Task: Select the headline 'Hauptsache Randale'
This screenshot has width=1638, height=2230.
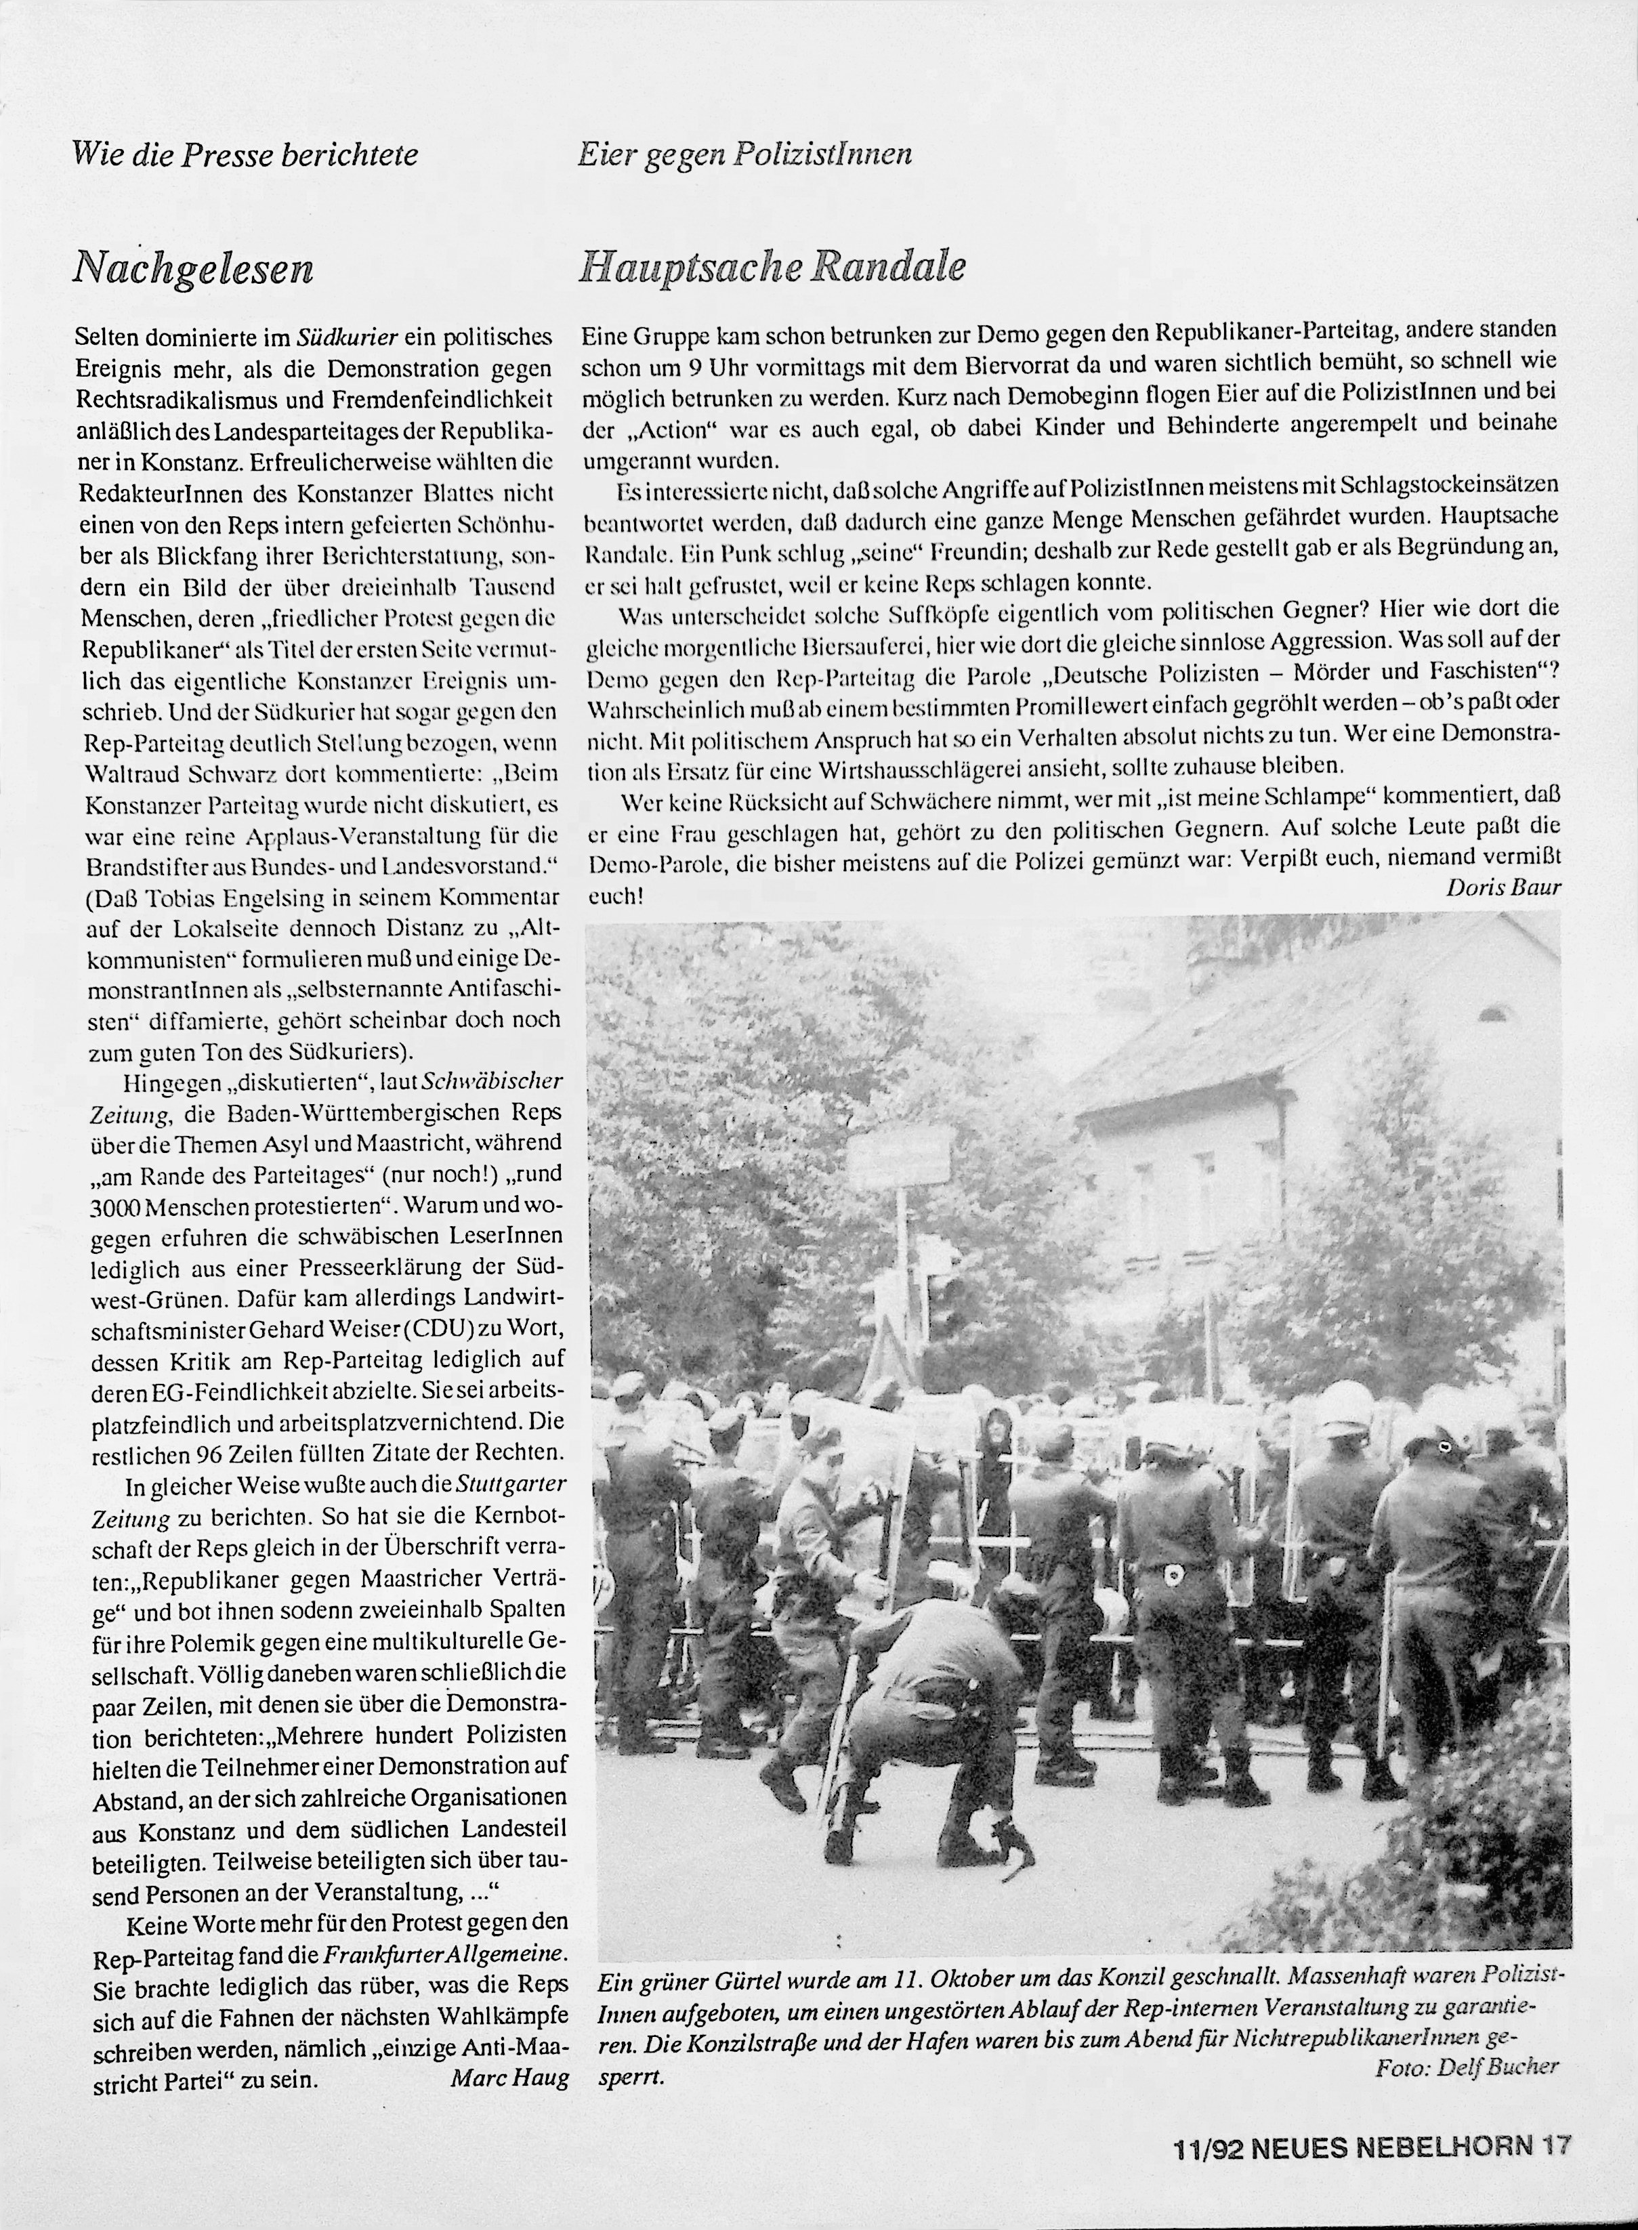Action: (772, 267)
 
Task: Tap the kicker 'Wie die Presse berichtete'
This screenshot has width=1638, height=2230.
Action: (246, 154)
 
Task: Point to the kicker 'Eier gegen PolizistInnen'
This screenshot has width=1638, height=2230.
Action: (744, 154)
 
